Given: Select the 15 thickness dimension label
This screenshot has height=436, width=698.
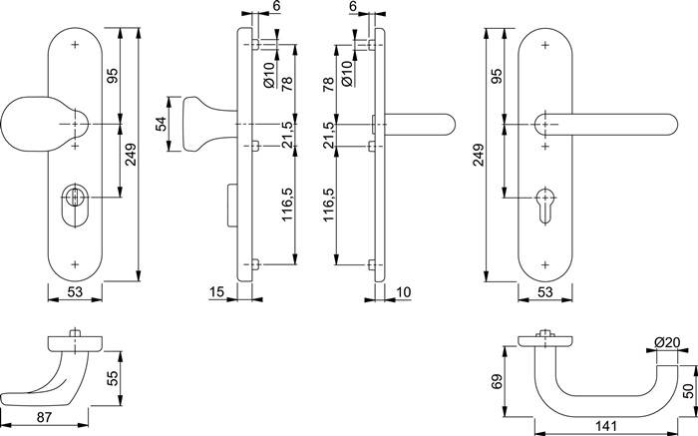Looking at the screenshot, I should tap(217, 292).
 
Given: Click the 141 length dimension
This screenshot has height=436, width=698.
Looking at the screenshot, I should tap(607, 426).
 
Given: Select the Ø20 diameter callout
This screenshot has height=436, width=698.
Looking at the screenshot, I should tap(667, 343).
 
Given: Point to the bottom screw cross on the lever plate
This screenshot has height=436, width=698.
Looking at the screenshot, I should tap(544, 263).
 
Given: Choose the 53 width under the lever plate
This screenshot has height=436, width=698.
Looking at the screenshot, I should tap(544, 292).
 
